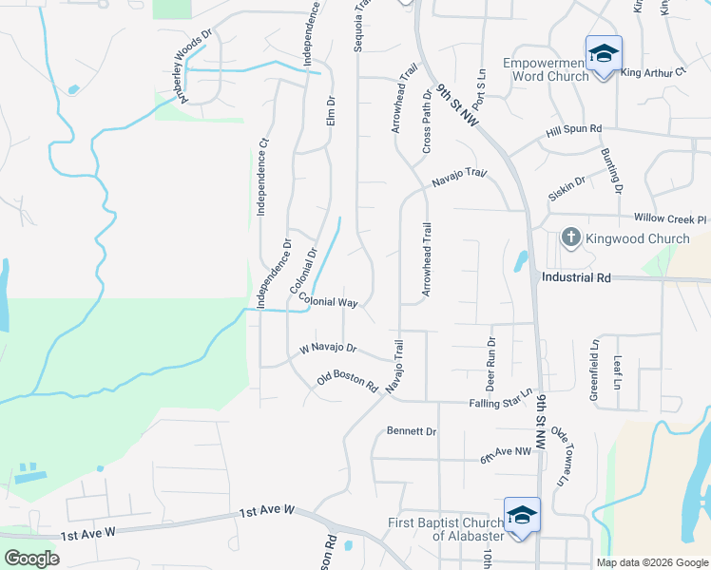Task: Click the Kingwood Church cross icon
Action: point(570,237)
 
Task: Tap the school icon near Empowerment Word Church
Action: point(604,54)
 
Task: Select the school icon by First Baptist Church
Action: point(522,516)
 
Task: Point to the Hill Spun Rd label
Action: point(574,129)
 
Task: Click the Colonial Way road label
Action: point(328,301)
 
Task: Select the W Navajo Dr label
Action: point(328,349)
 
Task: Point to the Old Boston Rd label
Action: point(348,383)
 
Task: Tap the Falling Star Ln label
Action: point(500,400)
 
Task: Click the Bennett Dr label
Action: point(411,431)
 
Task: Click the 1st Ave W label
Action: point(267,511)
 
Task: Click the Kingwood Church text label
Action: point(635,238)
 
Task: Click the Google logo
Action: point(31,559)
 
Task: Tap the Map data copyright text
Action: point(651,562)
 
